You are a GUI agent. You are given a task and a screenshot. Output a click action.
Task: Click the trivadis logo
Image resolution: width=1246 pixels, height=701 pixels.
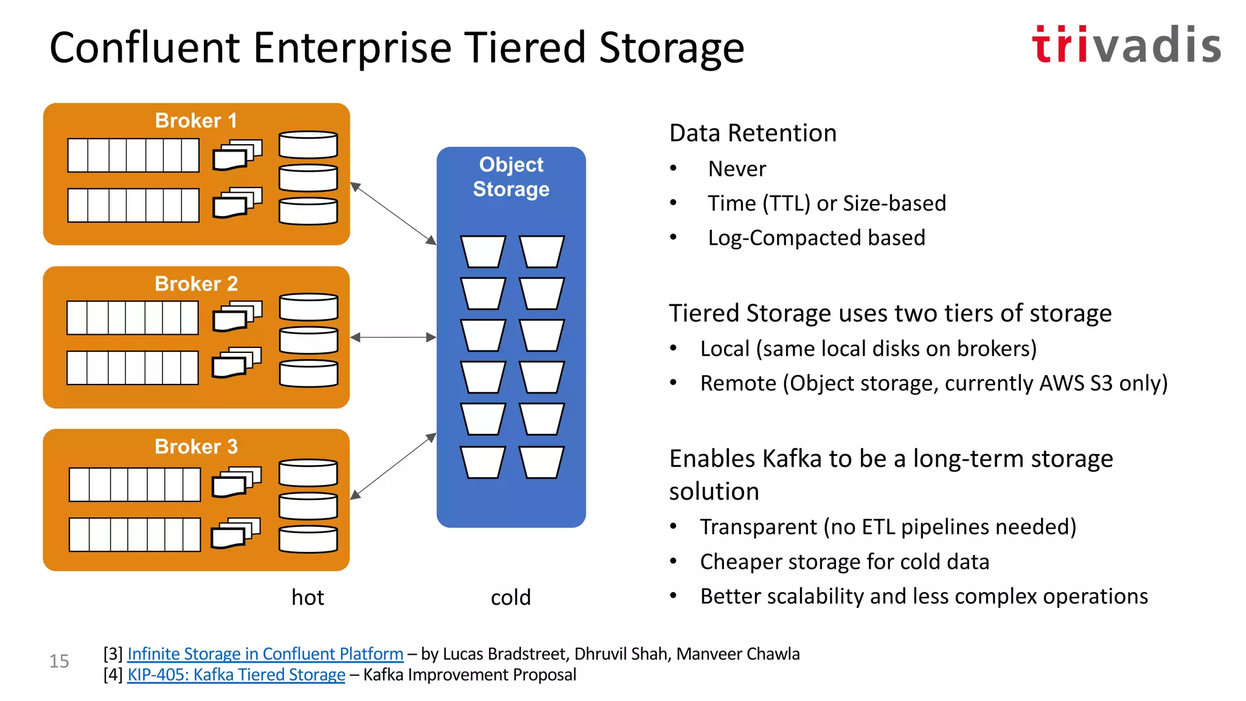tap(1126, 45)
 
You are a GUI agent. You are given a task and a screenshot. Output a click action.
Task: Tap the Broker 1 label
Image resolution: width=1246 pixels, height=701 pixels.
tap(196, 120)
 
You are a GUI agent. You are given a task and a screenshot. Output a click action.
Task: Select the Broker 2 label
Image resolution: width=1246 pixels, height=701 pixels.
tap(196, 284)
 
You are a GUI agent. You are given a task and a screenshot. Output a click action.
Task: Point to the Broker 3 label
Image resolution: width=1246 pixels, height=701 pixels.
tap(196, 447)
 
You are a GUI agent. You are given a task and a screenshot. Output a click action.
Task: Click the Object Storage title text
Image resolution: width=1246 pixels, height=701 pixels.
tap(511, 176)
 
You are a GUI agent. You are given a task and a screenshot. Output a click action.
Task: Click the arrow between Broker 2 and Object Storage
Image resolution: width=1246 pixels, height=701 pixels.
tap(393, 337)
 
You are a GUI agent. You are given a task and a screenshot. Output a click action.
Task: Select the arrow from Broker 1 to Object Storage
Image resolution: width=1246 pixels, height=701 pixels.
tap(393, 214)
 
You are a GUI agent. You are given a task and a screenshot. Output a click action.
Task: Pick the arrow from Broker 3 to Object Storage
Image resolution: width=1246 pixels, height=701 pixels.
tap(393, 466)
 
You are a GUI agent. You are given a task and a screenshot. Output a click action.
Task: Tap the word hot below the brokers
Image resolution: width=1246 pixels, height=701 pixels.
tap(308, 598)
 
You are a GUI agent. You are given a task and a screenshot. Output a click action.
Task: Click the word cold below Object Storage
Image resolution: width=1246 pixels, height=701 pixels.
tap(511, 598)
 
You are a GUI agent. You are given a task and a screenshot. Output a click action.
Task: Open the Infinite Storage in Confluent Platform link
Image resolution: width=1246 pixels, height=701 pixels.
tap(265, 654)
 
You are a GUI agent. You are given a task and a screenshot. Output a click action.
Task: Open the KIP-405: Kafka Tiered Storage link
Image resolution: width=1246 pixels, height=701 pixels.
tap(236, 675)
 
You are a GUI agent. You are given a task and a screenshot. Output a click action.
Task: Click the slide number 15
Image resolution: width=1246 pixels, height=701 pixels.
tap(59, 661)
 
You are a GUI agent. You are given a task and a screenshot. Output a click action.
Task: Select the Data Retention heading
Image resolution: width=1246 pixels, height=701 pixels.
tap(753, 133)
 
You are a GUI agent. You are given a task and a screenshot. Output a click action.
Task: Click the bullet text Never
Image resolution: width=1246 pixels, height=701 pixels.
tap(737, 169)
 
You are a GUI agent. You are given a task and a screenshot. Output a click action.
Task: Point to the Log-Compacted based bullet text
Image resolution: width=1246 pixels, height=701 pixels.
tap(816, 238)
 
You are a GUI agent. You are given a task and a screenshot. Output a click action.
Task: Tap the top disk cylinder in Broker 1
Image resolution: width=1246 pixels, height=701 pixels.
tap(308, 145)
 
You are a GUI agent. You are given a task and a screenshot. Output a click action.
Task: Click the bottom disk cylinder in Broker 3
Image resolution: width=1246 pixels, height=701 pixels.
tap(308, 539)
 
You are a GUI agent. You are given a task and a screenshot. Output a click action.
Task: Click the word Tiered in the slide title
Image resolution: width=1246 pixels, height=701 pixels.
tap(526, 47)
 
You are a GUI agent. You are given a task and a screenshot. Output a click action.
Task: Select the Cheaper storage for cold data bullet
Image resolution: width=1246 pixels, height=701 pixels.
tap(844, 562)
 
